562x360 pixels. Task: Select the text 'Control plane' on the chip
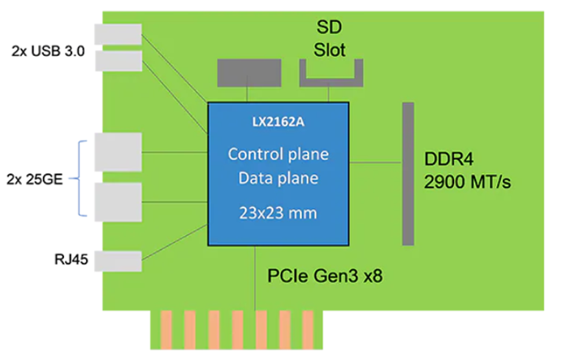pos(278,154)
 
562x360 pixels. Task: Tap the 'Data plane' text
pos(278,178)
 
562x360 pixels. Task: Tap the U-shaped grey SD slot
pos(331,78)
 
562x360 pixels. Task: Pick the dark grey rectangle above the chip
pos(244,72)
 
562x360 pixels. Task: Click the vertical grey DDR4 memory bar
pos(409,173)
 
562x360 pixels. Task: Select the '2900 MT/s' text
pos(468,182)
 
